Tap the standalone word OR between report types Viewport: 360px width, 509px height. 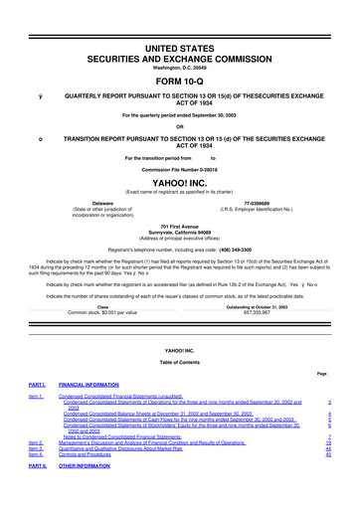pyautogui.click(x=180, y=124)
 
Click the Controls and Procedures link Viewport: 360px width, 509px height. pyautogui.click(x=98, y=452)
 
